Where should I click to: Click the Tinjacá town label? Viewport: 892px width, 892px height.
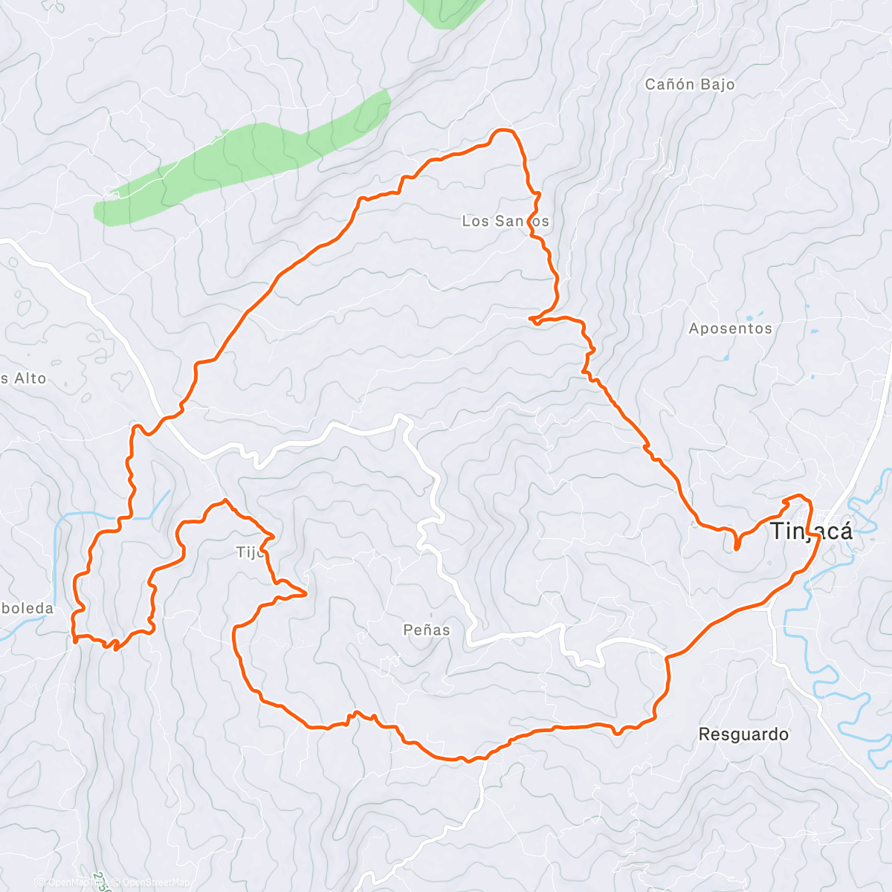pyautogui.click(x=811, y=531)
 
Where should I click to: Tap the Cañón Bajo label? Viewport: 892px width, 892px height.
pyautogui.click(x=690, y=84)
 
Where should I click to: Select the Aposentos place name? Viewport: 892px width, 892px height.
pyautogui.click(x=730, y=328)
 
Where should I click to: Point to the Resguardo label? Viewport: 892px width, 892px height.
pyautogui.click(x=743, y=734)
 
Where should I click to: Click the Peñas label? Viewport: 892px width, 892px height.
pyautogui.click(x=427, y=630)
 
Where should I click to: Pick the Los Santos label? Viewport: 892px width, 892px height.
pyautogui.click(x=505, y=221)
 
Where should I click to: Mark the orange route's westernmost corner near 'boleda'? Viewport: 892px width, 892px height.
pyautogui.click(x=75, y=638)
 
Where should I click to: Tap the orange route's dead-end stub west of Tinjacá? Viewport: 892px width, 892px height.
pyautogui.click(x=737, y=547)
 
